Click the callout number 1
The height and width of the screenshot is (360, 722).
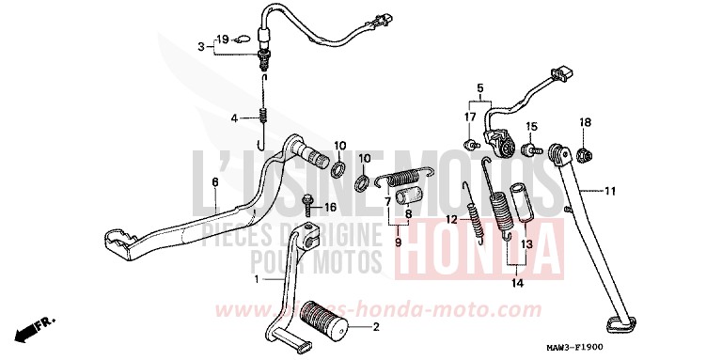click(x=255, y=279)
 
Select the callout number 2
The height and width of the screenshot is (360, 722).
click(x=376, y=328)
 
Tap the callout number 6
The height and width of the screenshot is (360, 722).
click(x=214, y=181)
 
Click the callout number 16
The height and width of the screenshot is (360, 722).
click(x=330, y=207)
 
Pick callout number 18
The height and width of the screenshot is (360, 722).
click(x=584, y=122)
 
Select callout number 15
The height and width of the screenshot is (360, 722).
click(x=530, y=126)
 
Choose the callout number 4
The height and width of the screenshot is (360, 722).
click(x=237, y=117)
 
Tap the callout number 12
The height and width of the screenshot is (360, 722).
click(x=451, y=219)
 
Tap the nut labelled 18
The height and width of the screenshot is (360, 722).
click(x=584, y=153)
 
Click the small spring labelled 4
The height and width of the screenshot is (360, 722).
click(x=264, y=117)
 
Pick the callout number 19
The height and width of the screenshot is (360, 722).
click(x=222, y=39)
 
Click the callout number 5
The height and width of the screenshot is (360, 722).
click(x=479, y=90)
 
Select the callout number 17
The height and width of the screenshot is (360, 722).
click(x=468, y=117)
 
